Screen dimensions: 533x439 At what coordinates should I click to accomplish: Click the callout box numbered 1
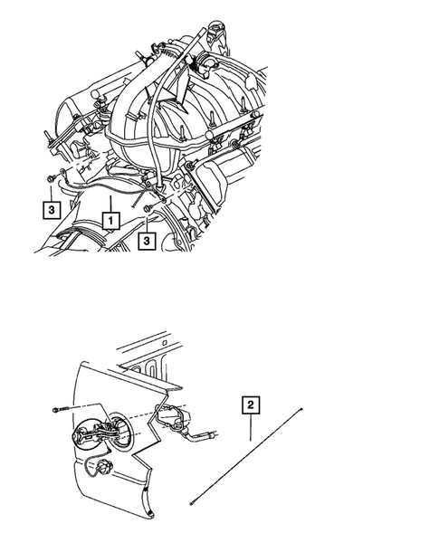point(110,219)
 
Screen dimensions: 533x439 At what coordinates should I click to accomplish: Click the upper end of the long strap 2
point(301,411)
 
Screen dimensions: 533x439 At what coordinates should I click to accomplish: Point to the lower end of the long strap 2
point(192,500)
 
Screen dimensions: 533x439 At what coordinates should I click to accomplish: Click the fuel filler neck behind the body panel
point(167,417)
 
